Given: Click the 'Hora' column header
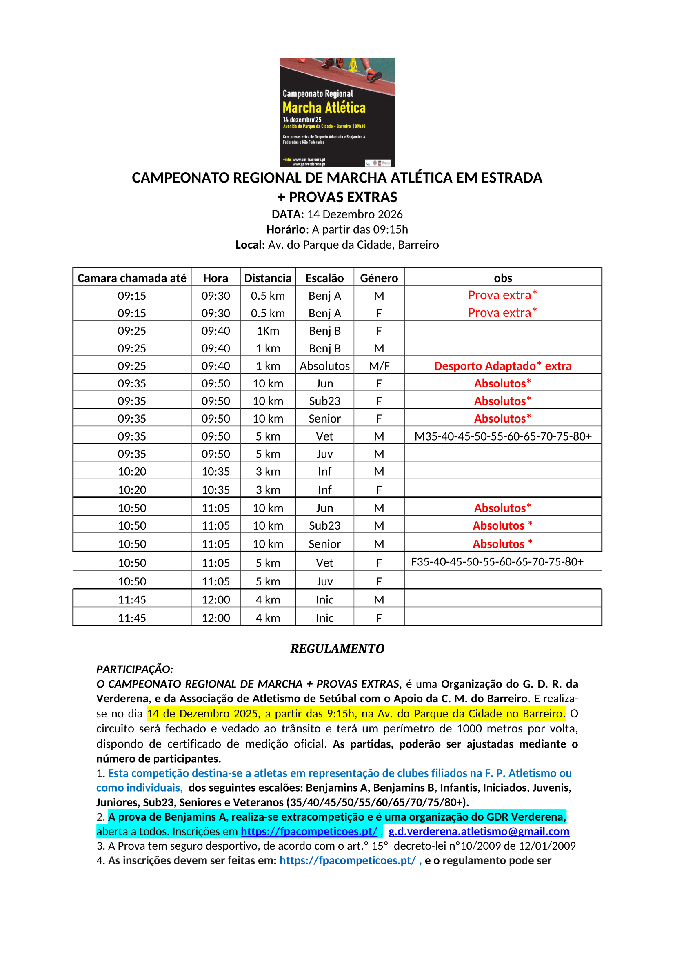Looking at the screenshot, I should point(215,278).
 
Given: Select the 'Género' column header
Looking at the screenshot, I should point(379,278).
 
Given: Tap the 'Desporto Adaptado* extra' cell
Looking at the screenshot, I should point(502,365).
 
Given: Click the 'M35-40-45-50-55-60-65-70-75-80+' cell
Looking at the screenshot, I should point(503,436).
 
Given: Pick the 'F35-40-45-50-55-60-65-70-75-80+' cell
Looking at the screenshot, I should point(497,562).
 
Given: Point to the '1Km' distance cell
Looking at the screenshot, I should point(268,331).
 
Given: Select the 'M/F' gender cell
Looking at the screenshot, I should point(379,366).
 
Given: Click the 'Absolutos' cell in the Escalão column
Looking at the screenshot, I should point(324,366).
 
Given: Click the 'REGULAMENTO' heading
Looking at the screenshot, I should point(337,648).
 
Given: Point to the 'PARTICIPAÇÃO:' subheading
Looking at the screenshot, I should point(135,669).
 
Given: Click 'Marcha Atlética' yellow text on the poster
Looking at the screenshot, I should point(324,108).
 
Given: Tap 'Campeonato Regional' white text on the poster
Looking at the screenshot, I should point(318,93).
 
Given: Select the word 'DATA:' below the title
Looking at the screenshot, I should point(288,214).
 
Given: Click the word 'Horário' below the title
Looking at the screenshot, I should point(286,229).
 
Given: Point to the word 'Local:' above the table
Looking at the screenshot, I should point(250,245).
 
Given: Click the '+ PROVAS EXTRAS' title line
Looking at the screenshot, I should point(337,197).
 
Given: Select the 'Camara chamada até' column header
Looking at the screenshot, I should point(132,278).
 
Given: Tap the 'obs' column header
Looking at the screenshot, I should point(502,278).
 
